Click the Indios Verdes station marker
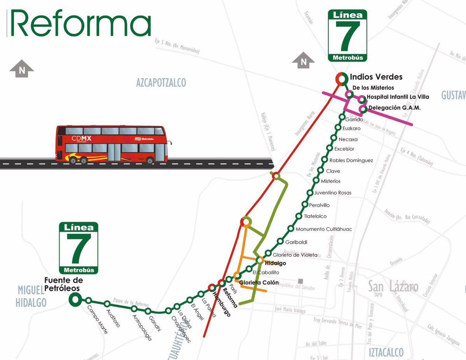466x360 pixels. pyautogui.click(x=341, y=79)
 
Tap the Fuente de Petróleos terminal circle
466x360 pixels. pyautogui.click(x=75, y=299)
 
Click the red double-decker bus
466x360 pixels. pyautogui.click(x=112, y=144)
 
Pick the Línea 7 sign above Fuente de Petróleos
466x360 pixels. pyautogui.click(x=79, y=248)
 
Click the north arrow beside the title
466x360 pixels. pyautogui.click(x=22, y=69)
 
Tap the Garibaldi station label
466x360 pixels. pyautogui.click(x=296, y=242)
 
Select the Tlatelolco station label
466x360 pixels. pyautogui.click(x=315, y=216)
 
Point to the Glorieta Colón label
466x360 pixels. pyautogui.click(x=259, y=282)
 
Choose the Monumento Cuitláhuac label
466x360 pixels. pyautogui.click(x=324, y=229)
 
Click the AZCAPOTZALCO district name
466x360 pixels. pyautogui.click(x=161, y=83)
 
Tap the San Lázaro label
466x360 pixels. pyautogui.click(x=393, y=287)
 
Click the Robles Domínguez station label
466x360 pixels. pyautogui.click(x=351, y=160)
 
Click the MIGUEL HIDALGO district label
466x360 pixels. pyautogui.click(x=31, y=296)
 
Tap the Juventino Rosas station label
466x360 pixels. pyautogui.click(x=333, y=193)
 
